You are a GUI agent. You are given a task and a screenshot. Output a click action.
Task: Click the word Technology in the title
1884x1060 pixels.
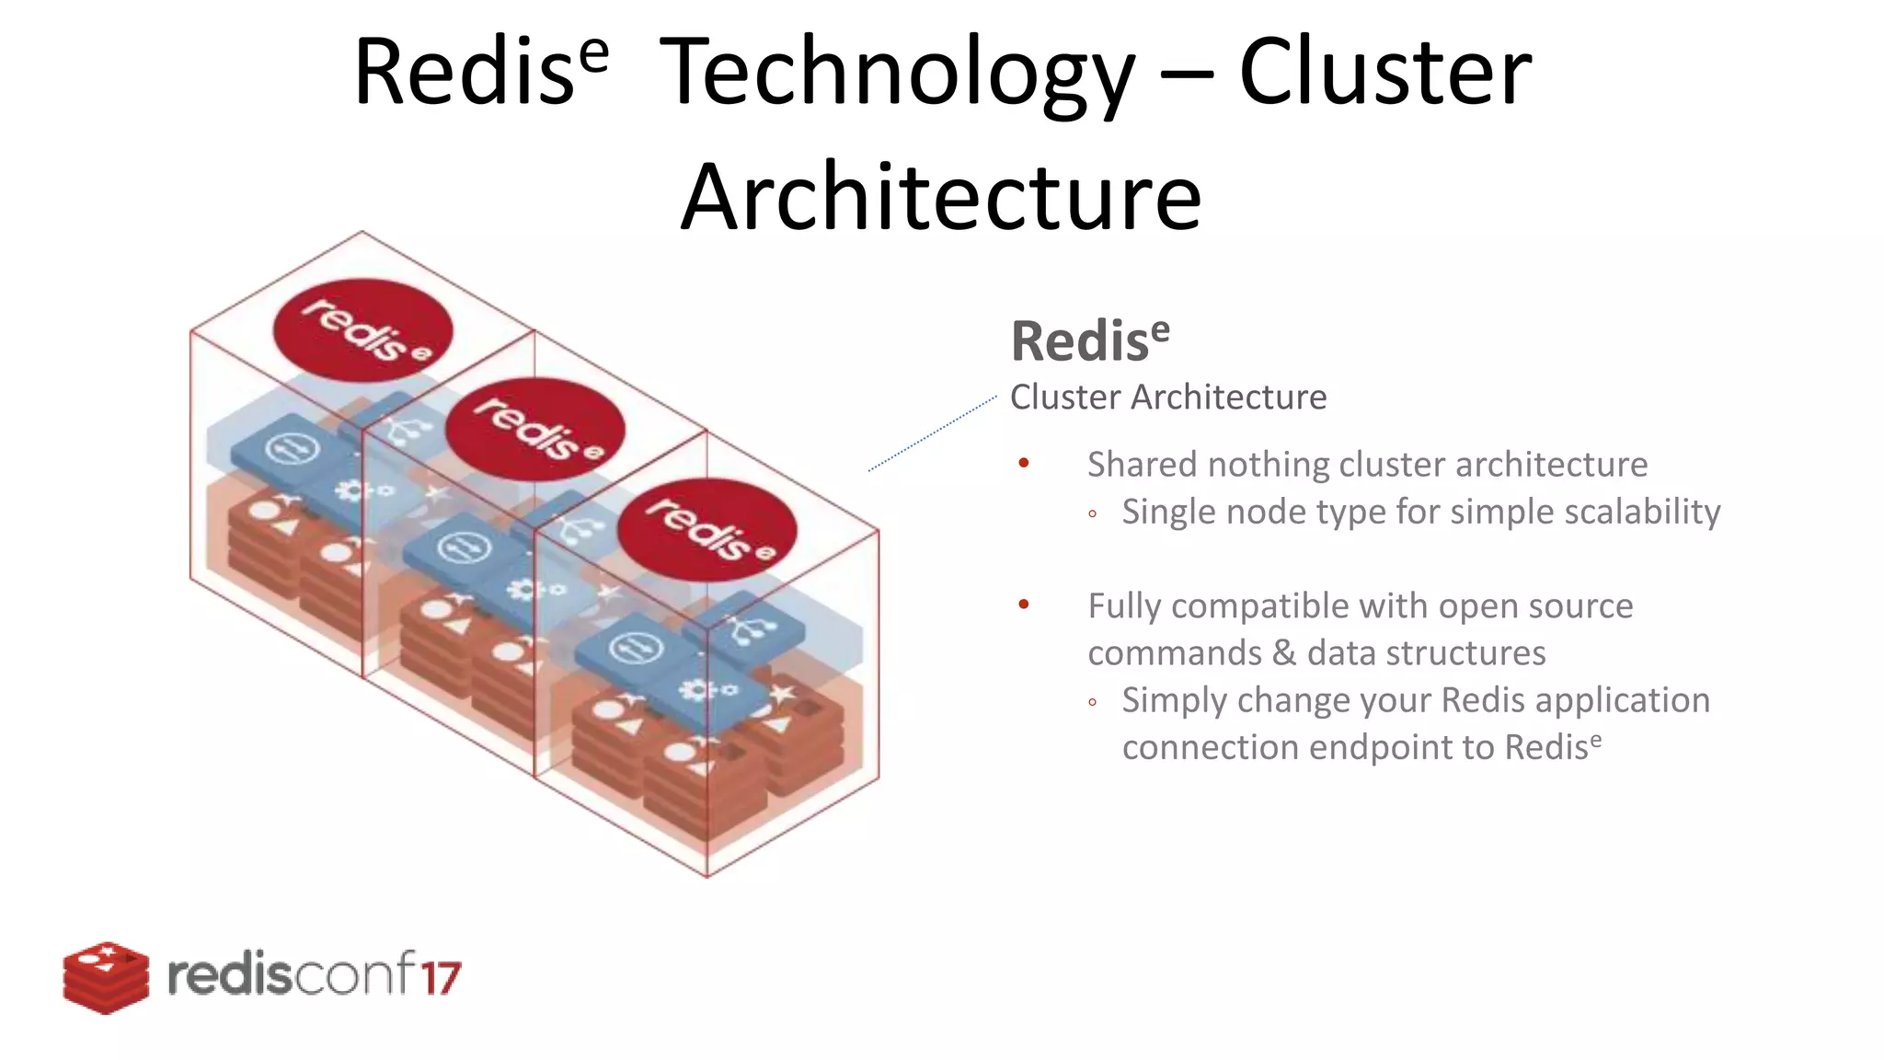(x=897, y=74)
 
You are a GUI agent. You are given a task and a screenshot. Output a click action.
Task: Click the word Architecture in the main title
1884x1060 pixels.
(x=941, y=198)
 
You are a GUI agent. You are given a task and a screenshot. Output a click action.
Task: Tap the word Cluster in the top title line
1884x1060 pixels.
(x=1384, y=74)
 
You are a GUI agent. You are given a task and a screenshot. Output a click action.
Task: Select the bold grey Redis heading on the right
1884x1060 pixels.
(x=1089, y=341)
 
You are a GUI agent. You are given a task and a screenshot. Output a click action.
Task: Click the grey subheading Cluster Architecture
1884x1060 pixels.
(x=1167, y=397)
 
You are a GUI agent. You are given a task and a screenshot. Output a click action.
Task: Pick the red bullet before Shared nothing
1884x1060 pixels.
(x=1024, y=463)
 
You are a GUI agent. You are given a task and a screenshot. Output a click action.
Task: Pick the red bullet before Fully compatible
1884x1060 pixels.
(x=1024, y=605)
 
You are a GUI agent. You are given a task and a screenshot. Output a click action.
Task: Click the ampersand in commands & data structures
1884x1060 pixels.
(x=1284, y=653)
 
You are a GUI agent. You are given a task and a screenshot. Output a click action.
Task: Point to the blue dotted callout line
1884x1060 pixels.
(x=931, y=433)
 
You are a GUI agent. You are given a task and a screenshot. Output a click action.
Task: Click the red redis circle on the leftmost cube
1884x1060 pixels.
(x=363, y=330)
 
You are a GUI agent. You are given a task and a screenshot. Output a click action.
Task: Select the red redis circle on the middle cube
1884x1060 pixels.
(x=535, y=430)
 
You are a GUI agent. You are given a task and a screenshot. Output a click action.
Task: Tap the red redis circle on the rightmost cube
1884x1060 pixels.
(x=706, y=529)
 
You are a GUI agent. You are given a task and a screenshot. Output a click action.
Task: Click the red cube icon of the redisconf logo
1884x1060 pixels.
(x=106, y=977)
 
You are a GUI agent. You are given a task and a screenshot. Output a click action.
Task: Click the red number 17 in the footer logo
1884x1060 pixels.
(x=442, y=977)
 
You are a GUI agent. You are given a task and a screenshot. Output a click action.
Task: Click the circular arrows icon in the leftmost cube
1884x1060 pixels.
(x=292, y=450)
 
